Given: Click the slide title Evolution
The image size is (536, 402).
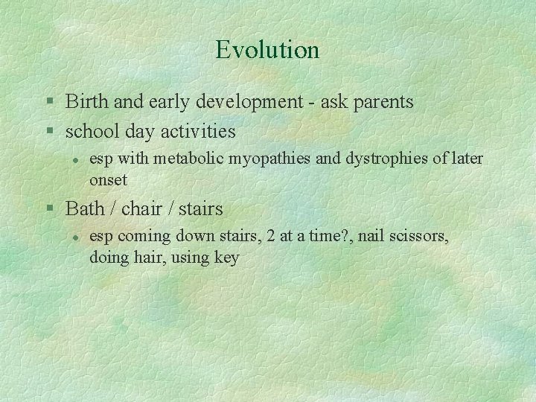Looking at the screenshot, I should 267,50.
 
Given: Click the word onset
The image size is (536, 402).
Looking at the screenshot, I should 108,179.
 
